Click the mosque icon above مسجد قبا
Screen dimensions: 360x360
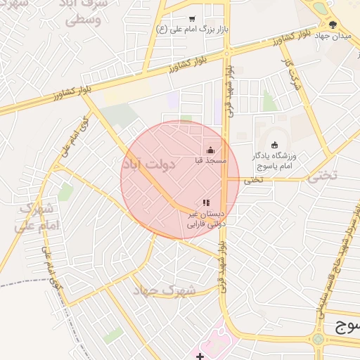(210, 150)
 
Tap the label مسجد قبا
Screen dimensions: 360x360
(210, 161)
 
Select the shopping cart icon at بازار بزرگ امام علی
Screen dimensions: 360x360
(192, 19)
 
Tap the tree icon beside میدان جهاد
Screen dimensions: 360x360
(321, 8)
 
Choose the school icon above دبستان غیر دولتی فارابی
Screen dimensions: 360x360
(206, 202)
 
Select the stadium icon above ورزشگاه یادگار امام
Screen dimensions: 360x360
(274, 145)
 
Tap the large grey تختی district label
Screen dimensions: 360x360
(321, 176)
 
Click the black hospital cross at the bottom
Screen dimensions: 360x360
(200, 356)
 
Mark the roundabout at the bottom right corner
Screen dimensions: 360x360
(320, 338)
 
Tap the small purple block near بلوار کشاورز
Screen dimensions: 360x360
(173, 101)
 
